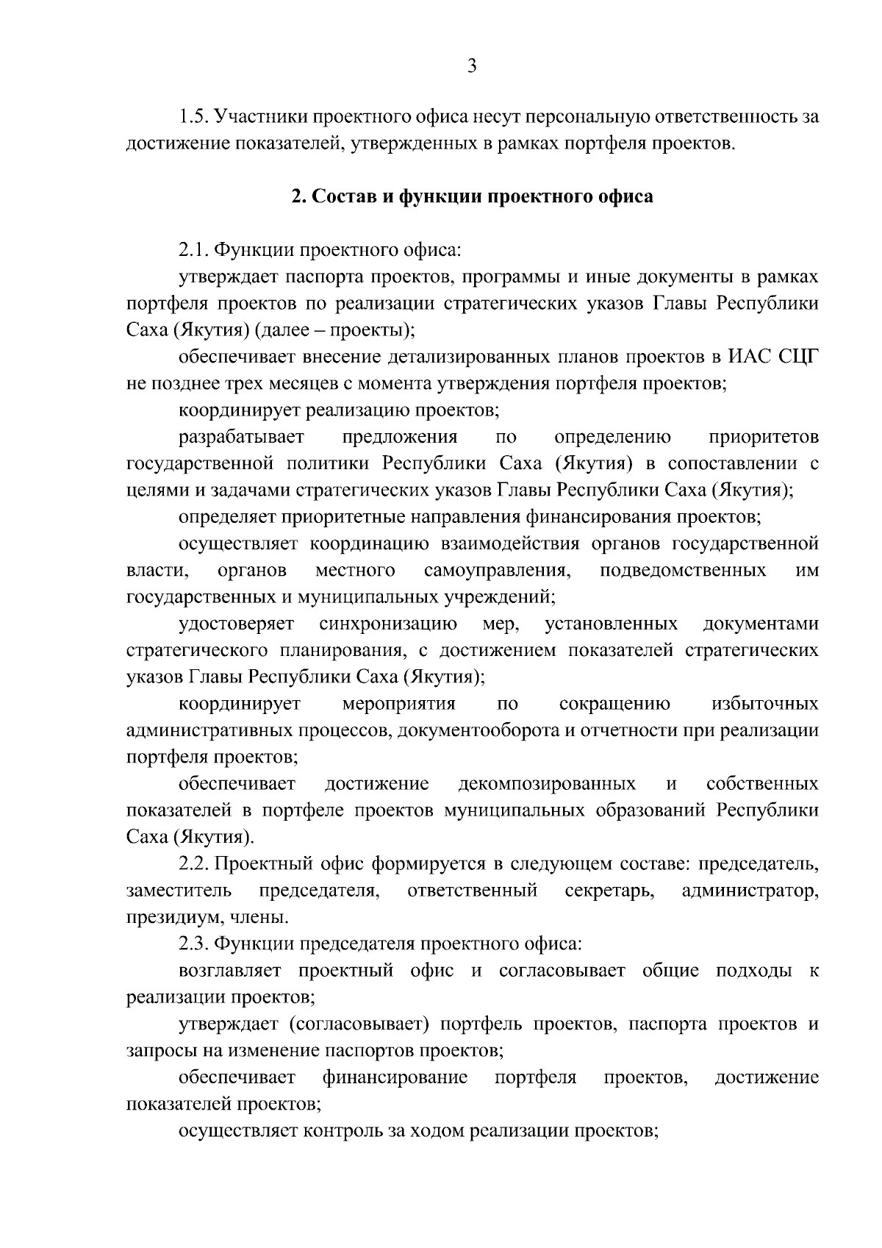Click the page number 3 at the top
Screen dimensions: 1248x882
tap(472, 67)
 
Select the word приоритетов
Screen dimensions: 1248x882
tap(763, 438)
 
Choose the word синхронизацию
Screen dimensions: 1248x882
tap(388, 624)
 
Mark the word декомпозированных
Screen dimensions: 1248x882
tap(547, 784)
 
